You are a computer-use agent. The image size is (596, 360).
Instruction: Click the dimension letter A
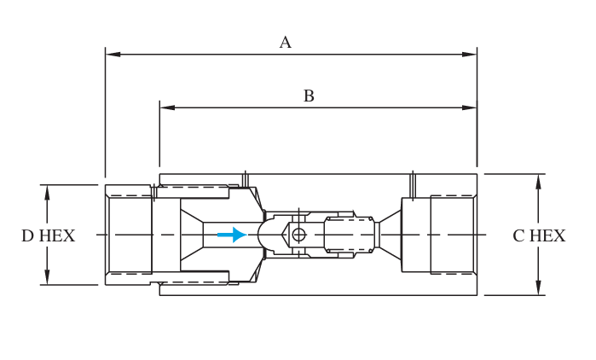(285, 43)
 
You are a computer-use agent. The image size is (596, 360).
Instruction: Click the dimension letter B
(309, 96)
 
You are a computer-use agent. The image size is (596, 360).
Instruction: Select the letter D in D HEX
(27, 236)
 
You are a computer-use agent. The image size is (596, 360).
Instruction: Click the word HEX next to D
(56, 236)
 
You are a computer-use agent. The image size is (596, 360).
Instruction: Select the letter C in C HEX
(518, 236)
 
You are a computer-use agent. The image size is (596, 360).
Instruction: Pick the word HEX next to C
(547, 236)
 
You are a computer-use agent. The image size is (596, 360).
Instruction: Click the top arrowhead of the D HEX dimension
(47, 192)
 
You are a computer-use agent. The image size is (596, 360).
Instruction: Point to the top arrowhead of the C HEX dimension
(538, 181)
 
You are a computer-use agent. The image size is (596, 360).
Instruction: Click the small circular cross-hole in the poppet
(298, 235)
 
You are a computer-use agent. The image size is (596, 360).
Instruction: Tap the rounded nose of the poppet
(266, 235)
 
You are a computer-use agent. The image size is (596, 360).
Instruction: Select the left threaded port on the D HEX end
(130, 235)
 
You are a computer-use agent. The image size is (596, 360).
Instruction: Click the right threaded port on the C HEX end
(451, 235)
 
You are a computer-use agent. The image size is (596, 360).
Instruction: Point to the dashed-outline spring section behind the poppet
(350, 235)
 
